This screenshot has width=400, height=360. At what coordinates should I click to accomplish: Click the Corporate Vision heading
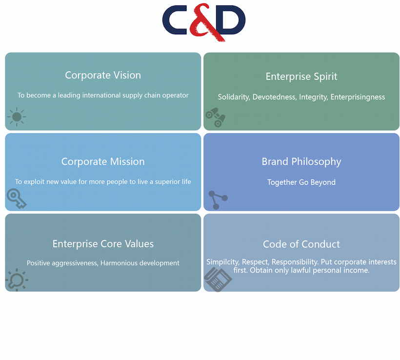click(x=103, y=75)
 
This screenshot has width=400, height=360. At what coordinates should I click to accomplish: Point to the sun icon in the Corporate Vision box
click(x=17, y=117)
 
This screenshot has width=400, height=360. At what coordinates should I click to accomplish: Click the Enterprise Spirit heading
click(x=301, y=77)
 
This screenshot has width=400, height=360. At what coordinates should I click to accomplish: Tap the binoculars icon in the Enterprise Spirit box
click(x=216, y=118)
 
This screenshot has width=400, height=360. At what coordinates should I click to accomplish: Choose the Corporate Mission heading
click(x=103, y=161)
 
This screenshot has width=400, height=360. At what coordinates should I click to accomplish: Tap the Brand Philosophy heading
click(x=301, y=162)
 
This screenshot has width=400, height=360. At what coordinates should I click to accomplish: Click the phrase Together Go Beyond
click(x=301, y=182)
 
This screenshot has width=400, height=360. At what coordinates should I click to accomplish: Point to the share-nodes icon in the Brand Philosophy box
click(x=218, y=200)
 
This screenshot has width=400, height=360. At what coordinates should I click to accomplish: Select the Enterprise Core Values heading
click(x=103, y=244)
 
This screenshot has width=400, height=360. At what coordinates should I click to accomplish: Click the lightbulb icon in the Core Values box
click(x=17, y=280)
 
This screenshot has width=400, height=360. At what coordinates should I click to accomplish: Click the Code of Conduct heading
click(x=301, y=244)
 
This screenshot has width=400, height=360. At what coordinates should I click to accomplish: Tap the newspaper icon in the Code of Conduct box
click(x=218, y=280)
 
